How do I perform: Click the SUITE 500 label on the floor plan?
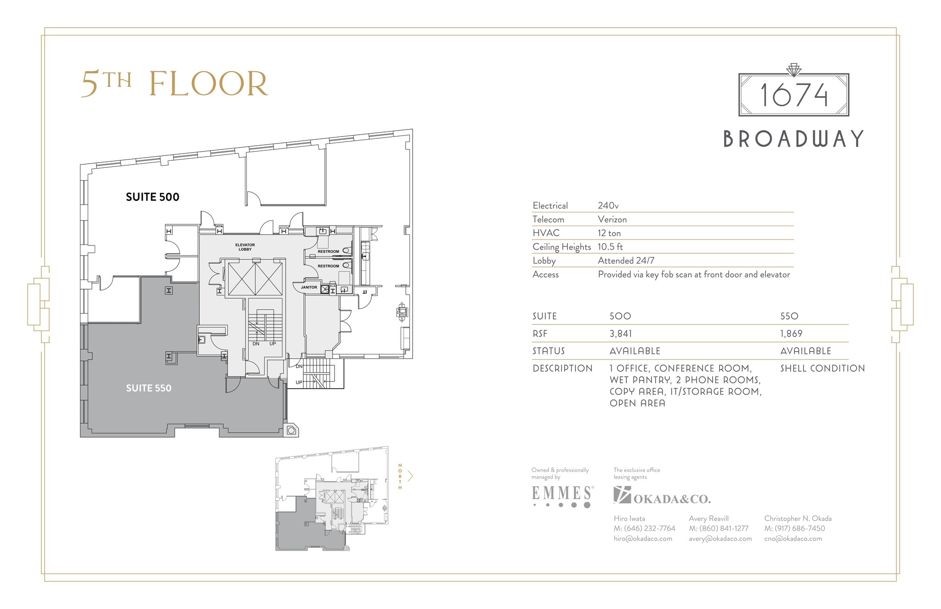[x=153, y=197]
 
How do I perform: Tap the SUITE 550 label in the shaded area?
[x=148, y=388]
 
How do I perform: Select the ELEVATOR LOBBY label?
[x=245, y=247]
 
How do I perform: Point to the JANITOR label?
[x=309, y=287]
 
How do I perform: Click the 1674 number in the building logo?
[x=794, y=95]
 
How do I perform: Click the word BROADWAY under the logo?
[x=794, y=139]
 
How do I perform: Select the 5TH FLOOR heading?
[x=175, y=84]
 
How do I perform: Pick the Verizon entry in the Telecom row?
[x=612, y=220]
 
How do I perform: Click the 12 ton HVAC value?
[x=609, y=233]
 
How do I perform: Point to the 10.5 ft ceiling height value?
[x=610, y=247]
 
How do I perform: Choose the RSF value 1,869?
[x=791, y=334]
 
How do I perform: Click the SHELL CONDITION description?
[x=822, y=369]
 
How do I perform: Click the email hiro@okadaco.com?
[x=643, y=539]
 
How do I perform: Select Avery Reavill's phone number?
[x=719, y=529]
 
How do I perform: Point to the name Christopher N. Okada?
[x=798, y=518]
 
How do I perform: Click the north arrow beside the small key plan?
[x=410, y=476]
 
